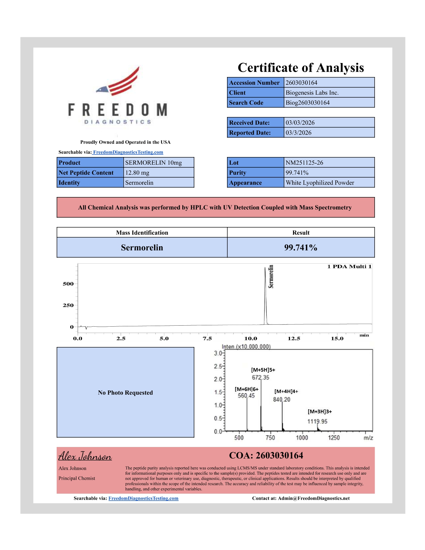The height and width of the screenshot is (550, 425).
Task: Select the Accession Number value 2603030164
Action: point(301,83)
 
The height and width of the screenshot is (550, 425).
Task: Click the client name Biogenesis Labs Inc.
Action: point(312,93)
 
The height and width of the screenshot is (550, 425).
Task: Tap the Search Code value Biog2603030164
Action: point(307,103)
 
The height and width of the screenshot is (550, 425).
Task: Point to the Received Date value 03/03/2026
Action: point(300,123)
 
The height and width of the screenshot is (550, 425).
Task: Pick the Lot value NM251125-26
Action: point(304,163)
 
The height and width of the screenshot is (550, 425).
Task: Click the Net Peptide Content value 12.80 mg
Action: point(137,173)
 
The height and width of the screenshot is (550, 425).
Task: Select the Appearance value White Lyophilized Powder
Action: point(320,183)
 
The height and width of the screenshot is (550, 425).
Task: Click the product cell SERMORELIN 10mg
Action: point(153,163)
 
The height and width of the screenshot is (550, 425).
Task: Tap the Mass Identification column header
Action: point(142,233)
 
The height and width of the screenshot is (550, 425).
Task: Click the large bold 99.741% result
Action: point(301,248)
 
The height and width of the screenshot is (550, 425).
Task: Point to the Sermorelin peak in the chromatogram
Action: point(265,293)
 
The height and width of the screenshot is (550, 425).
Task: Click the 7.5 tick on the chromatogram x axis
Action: point(207,339)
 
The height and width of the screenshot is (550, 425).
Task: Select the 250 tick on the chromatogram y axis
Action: point(68,305)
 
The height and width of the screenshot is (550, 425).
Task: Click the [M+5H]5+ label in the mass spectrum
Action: point(263,370)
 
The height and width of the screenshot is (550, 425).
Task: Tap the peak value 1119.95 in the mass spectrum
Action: point(317,422)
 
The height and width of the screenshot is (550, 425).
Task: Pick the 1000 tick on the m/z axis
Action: point(302,438)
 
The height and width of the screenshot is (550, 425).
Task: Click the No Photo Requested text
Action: point(125,393)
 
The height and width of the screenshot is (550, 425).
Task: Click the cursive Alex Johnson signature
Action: point(85,456)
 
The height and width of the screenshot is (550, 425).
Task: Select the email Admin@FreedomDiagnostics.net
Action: point(314,498)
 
